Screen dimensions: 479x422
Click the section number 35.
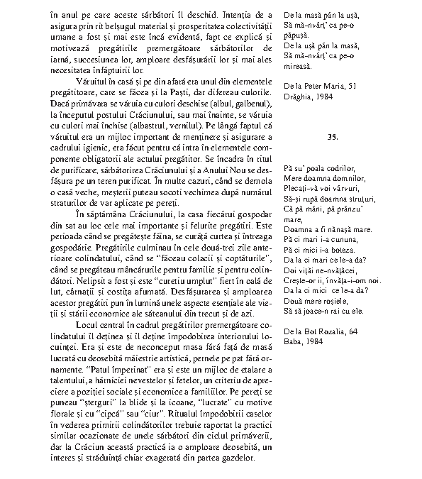point(333,135)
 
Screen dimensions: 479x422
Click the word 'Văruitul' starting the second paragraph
point(90,81)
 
